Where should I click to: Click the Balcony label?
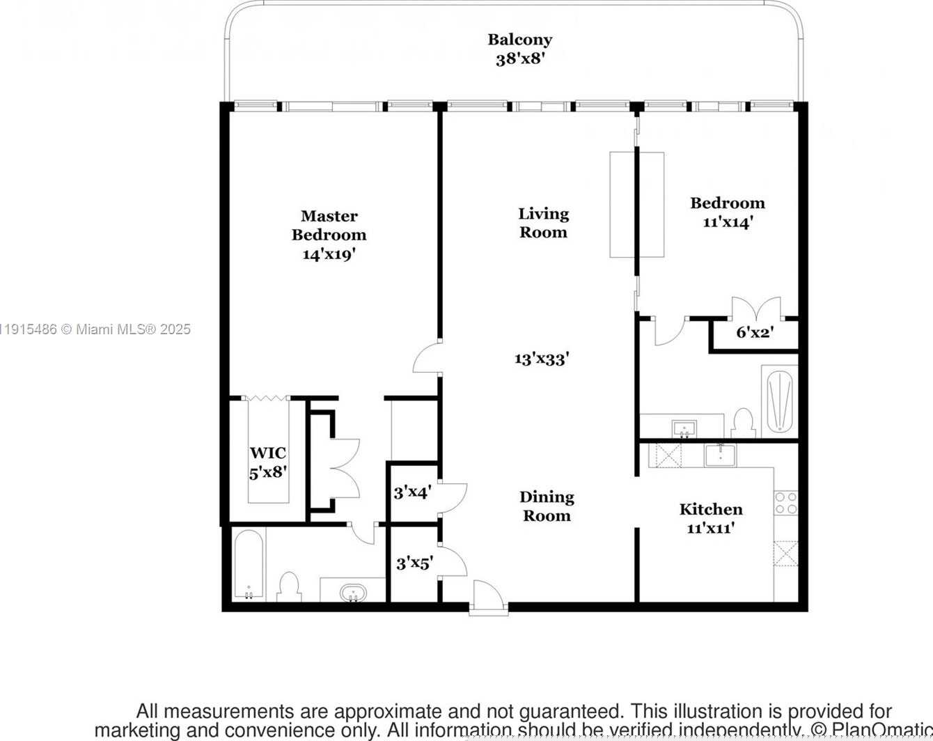point(519,40)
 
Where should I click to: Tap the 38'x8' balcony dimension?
point(519,59)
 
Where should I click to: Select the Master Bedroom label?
point(329,226)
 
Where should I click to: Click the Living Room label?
point(543,223)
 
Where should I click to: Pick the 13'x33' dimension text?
point(542,359)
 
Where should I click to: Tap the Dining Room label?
point(547,506)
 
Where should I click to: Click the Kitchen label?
point(711,509)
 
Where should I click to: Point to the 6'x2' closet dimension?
point(755,333)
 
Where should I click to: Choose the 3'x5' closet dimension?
point(414,563)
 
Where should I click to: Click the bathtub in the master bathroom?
point(248,565)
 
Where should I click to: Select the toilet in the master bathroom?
point(288,587)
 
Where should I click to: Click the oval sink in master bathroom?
point(353,593)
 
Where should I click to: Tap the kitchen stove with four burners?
point(785,503)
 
